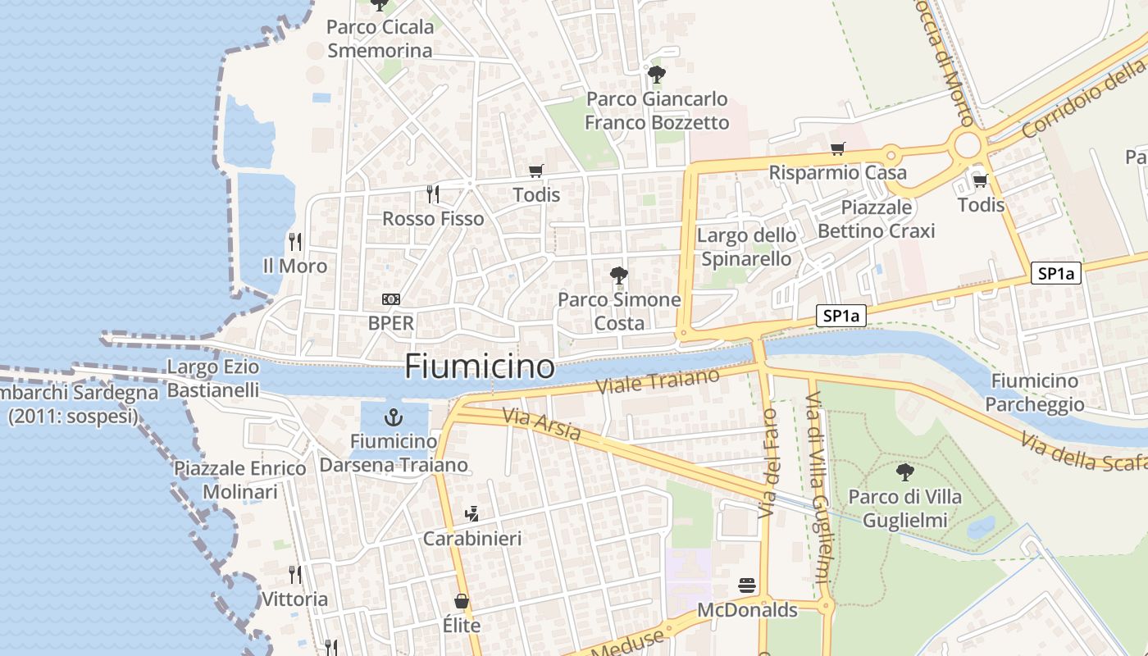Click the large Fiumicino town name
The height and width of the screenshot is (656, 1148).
(480, 367)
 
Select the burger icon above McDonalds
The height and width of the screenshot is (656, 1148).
(747, 585)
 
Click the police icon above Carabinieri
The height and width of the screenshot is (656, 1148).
(471, 515)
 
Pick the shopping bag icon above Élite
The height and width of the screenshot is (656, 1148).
(462, 602)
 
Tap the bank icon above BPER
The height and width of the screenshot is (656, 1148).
(391, 299)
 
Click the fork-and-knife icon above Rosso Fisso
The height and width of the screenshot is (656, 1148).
(433, 194)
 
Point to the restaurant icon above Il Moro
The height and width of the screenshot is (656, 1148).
(295, 242)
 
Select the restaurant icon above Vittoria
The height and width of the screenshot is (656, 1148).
(295, 575)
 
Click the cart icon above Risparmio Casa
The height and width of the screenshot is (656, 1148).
(837, 149)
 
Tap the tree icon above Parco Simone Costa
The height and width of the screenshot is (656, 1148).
(619, 276)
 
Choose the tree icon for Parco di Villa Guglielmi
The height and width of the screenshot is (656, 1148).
(905, 472)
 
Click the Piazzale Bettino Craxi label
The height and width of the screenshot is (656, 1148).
(876, 219)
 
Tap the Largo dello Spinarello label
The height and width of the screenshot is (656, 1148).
(745, 248)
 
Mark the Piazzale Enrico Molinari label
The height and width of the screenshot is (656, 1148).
(240, 481)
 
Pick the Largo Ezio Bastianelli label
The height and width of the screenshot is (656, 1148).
(213, 379)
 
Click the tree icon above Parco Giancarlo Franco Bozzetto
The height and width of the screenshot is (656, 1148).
(656, 75)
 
